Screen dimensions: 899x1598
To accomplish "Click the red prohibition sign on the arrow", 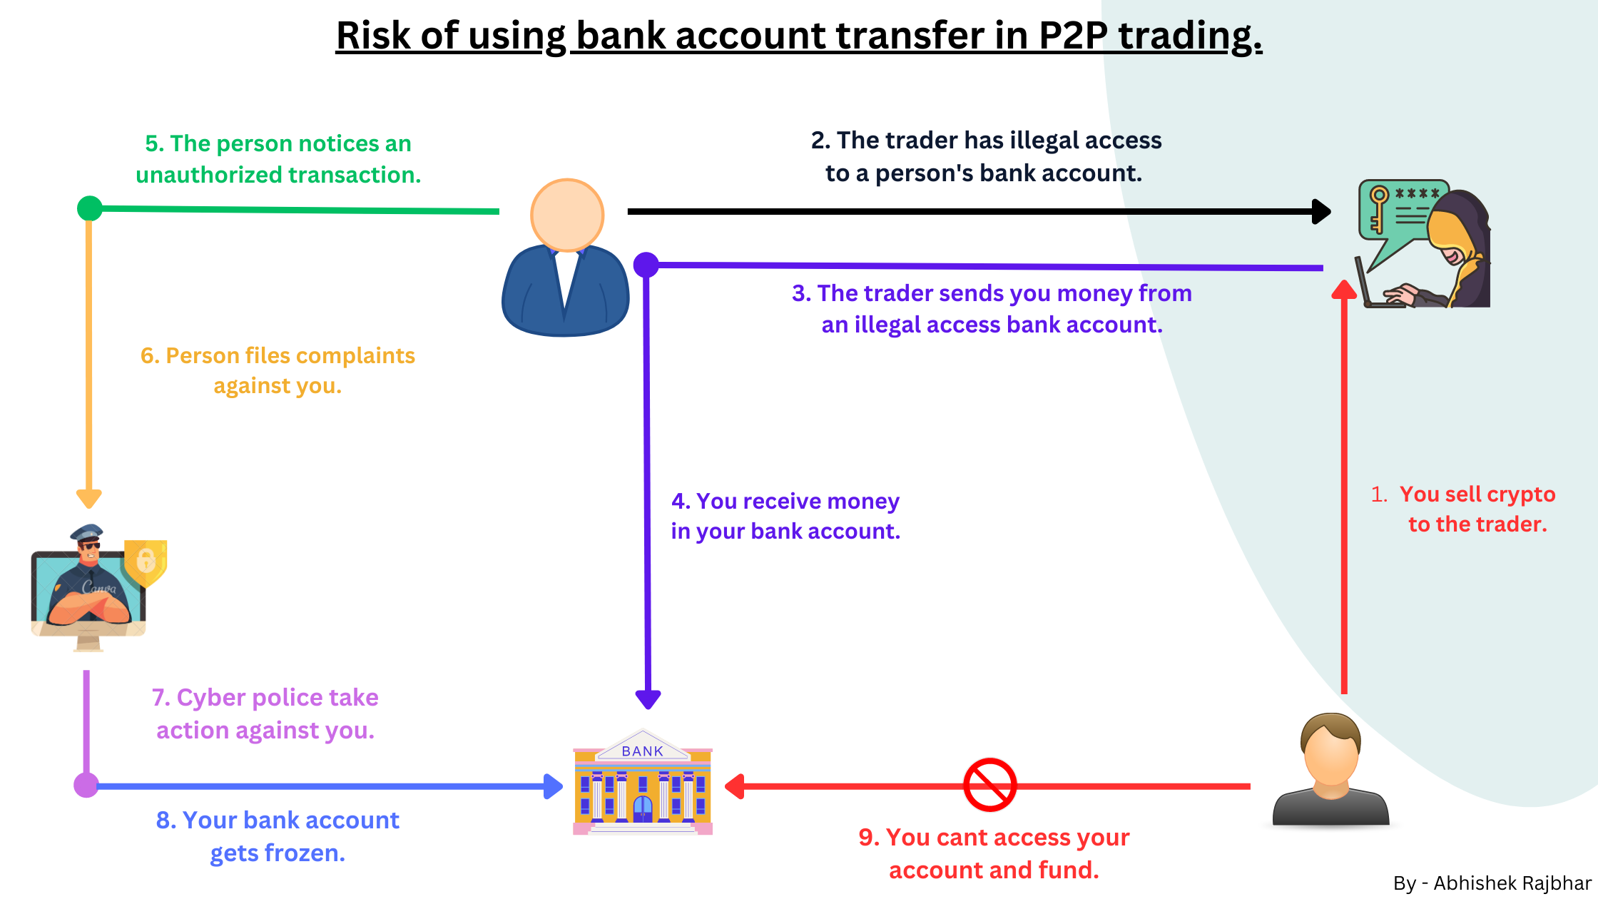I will (989, 785).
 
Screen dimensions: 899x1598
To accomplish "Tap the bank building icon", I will (643, 783).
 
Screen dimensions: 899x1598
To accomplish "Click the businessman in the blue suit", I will (566, 260).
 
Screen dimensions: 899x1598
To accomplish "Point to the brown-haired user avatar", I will (1330, 771).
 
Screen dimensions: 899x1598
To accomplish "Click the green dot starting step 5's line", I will (89, 208).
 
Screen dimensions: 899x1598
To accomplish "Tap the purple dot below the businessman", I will (646, 265).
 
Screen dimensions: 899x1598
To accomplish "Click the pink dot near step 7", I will (86, 785).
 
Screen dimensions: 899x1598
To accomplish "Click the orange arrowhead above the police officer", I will (89, 498).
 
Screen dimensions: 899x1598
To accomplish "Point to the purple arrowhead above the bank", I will (648, 699).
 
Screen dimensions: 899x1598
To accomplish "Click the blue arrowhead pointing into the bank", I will (553, 786).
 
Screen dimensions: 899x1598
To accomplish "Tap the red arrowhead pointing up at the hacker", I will (1344, 290).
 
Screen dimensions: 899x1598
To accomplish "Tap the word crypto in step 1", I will (1521, 494).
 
